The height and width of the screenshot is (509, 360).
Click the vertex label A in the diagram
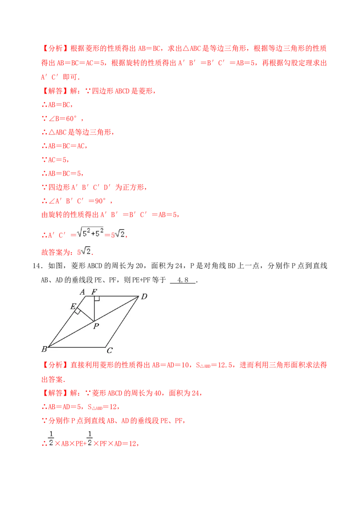pos(82,292)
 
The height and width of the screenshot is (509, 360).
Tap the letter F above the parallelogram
pos(94,292)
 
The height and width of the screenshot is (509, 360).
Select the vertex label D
pos(144,296)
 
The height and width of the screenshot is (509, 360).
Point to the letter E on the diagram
pos(73,306)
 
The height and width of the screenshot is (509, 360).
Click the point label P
pos(96,326)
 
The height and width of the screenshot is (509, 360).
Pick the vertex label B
pos(44,349)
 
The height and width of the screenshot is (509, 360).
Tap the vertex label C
pos(109,351)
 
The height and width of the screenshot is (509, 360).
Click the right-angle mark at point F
pos(97,299)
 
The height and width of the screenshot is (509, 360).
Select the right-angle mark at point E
pos(78,311)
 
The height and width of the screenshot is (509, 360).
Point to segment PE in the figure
pos(85,316)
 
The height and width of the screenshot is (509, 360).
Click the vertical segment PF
pos(94,309)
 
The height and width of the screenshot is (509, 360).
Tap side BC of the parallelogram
pos(76,347)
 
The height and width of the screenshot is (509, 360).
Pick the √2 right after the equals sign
pos(120,234)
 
